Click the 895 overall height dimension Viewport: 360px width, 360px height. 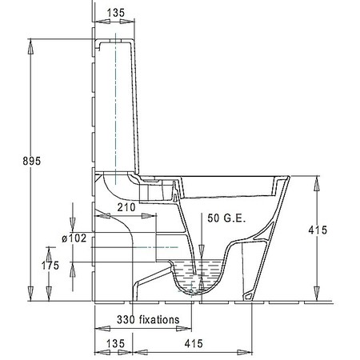pyautogui.click(x=32, y=161)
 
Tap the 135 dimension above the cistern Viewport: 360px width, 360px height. pyautogui.click(x=116, y=13)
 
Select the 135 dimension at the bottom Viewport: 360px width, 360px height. pyautogui.click(x=115, y=343)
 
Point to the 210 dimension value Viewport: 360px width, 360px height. pyautogui.click(x=126, y=207)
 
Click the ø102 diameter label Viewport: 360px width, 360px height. pyautogui.click(x=74, y=238)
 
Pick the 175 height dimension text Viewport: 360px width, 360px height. pyautogui.click(x=50, y=266)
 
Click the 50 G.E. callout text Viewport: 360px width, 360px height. pyautogui.click(x=226, y=218)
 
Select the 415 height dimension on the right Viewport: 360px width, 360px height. pyautogui.click(x=318, y=230)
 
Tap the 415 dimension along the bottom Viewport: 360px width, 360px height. pyautogui.click(x=194, y=343)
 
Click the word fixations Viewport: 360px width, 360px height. pyautogui.click(x=159, y=319)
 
